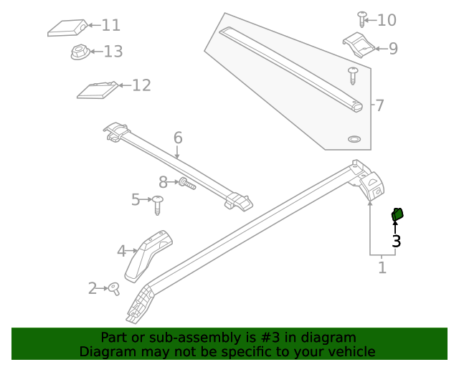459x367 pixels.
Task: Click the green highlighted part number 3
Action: pos(397,214)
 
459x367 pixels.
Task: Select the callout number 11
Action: pos(110,26)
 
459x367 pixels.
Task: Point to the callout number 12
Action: pos(141,85)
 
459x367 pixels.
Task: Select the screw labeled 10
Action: pos(363,19)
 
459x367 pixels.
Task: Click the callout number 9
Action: pos(392,49)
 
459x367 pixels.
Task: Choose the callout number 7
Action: pos(379,106)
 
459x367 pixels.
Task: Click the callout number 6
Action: pos(178,138)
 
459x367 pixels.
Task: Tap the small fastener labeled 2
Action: pos(113,288)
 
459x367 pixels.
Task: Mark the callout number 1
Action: pos(382,267)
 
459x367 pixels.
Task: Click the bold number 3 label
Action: pos(396,242)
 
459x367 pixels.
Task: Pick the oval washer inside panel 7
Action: pos(354,138)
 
